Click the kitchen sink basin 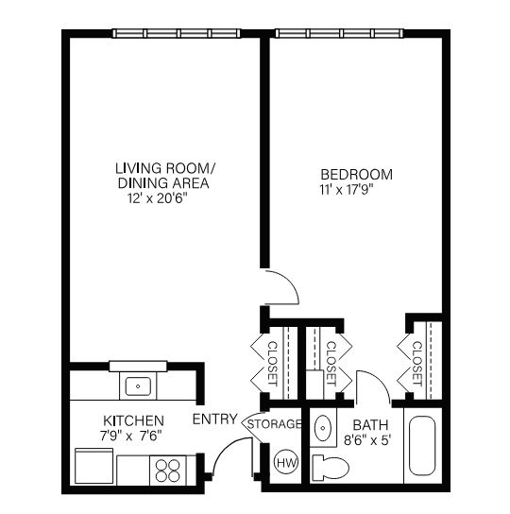click(x=138, y=386)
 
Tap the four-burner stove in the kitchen click(x=168, y=471)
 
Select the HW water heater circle click(x=286, y=462)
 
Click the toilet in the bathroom click(x=331, y=467)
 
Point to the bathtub click(x=422, y=445)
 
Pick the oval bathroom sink click(x=323, y=427)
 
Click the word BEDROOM click(x=356, y=175)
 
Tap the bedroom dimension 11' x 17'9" click(x=347, y=190)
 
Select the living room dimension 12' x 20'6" click(x=157, y=198)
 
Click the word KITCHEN click(x=133, y=420)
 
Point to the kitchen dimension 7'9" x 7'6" click(x=131, y=436)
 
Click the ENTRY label click(x=214, y=419)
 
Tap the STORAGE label click(x=274, y=424)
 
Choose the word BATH click(x=370, y=425)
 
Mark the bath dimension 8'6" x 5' click(x=367, y=440)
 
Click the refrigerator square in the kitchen click(x=94, y=466)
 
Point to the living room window click(x=177, y=33)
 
